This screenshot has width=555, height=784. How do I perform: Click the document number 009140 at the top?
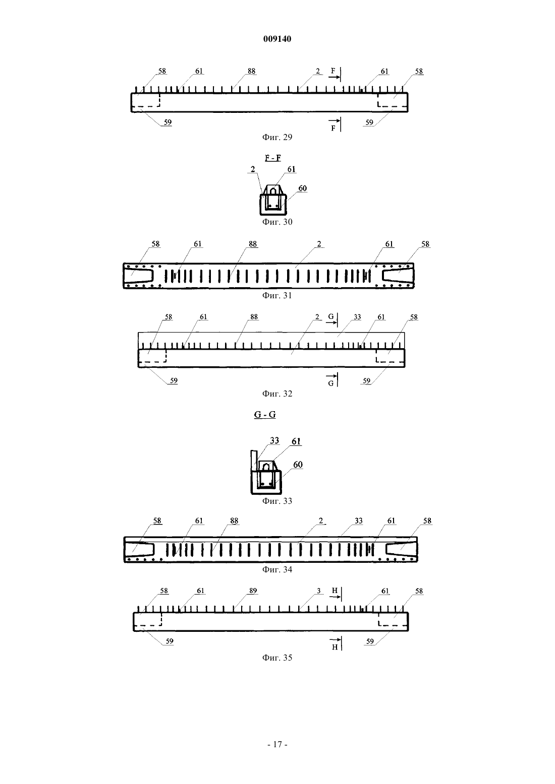point(277,39)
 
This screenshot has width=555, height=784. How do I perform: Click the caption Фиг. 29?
point(277,137)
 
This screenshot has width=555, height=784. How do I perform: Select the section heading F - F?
point(273,158)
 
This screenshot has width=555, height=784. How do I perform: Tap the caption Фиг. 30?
point(277,222)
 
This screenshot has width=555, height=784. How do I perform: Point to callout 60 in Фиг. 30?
point(302,188)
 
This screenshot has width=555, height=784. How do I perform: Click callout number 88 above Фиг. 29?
point(252,71)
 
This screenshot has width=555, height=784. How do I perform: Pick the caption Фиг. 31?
point(277,295)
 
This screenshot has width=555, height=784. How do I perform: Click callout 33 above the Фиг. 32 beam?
point(357,317)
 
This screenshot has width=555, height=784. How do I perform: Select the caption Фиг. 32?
point(277,394)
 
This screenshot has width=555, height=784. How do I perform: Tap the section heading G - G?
point(265,415)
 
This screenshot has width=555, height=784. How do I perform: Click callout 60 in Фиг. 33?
point(298,465)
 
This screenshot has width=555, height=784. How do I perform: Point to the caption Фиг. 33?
point(277,501)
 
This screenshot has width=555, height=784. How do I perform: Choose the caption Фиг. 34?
point(277,569)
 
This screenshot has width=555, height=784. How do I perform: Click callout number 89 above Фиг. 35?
point(253,591)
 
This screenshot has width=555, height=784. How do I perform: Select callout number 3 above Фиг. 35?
point(318,591)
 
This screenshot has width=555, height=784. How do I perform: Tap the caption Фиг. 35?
point(277,658)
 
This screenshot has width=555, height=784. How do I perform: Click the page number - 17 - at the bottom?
point(277,745)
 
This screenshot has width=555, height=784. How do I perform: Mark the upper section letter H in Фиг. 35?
point(335,591)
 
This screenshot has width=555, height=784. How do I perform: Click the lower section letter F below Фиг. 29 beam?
point(333,128)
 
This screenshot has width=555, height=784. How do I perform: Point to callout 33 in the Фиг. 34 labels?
point(358,521)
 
